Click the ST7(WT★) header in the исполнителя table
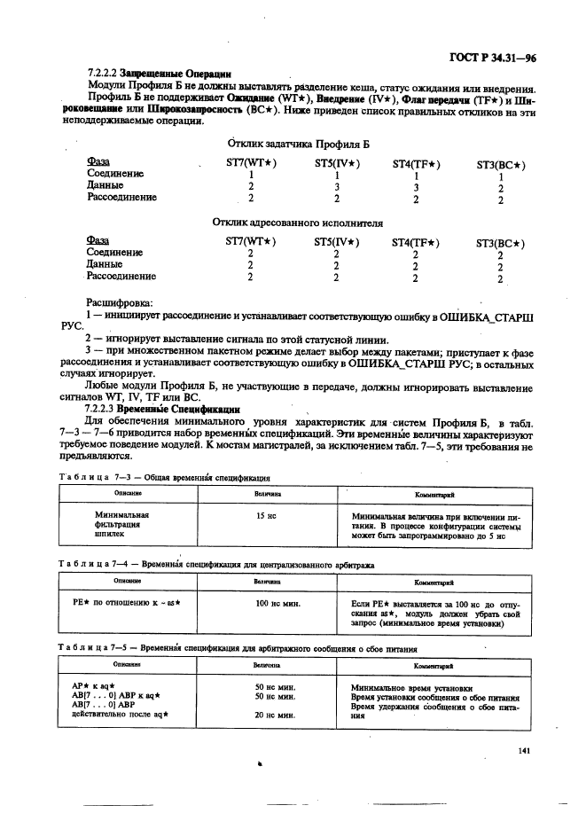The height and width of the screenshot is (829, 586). pyautogui.click(x=251, y=241)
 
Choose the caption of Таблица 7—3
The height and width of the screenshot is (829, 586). pyautogui.click(x=159, y=477)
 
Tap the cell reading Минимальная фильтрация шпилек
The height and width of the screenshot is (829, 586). pyautogui.click(x=121, y=525)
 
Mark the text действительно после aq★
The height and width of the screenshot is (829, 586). pyautogui.click(x=120, y=714)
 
